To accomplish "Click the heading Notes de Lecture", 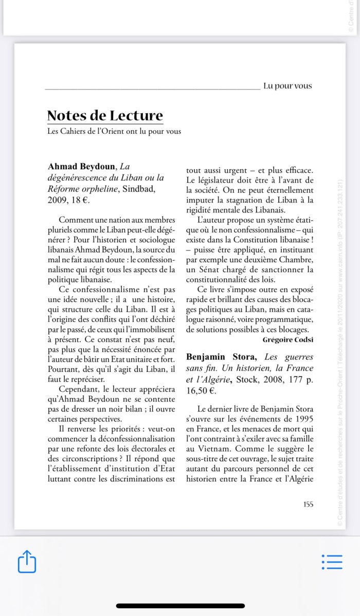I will [x=105, y=116].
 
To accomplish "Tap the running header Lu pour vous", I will [x=287, y=86].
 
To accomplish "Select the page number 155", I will [x=308, y=504].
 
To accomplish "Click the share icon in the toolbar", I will [x=27, y=561].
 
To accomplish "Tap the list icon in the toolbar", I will [x=332, y=561].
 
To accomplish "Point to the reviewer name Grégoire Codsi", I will [x=288, y=339].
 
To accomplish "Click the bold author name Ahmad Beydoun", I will [x=82, y=166].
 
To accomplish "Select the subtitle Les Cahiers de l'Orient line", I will [x=114, y=132].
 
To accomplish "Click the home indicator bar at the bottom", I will [x=180, y=606].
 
